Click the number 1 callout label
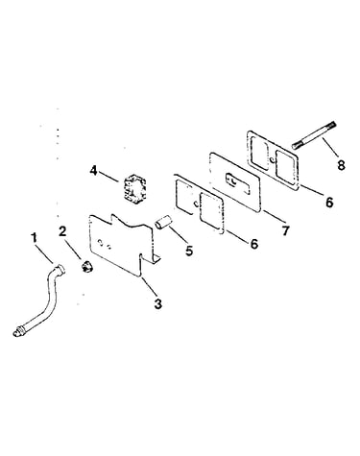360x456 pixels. [34, 238]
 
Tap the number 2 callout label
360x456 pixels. [62, 231]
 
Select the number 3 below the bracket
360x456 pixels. [158, 304]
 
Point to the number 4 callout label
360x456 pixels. [93, 171]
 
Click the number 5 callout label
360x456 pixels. [189, 251]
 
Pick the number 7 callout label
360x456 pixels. [285, 230]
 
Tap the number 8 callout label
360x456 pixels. [341, 165]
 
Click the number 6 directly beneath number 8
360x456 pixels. [329, 202]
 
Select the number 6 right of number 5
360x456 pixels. [253, 244]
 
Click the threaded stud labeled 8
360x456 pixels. [314, 135]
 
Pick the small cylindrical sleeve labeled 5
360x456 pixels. [164, 223]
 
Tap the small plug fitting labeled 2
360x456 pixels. [86, 266]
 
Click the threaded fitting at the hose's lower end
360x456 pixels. [19, 331]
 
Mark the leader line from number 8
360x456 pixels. [329, 149]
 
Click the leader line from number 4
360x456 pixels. [108, 177]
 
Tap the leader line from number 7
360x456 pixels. [273, 217]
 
